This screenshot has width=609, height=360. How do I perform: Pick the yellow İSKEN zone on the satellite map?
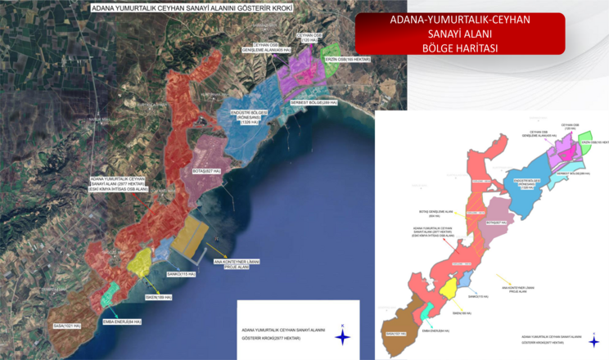pyautogui.click(x=139, y=261)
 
